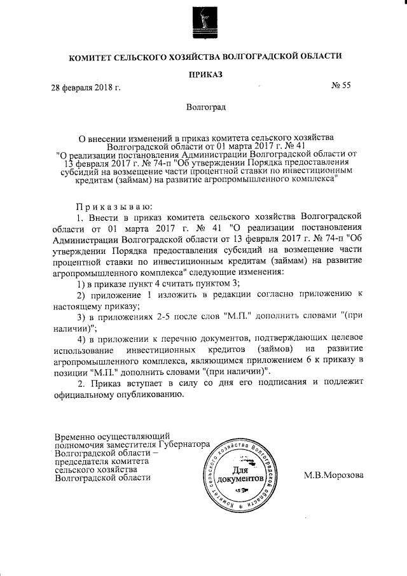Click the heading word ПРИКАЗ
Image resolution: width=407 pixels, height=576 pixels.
pyautogui.click(x=205, y=75)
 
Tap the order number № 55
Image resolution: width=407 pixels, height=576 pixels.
pyautogui.click(x=341, y=87)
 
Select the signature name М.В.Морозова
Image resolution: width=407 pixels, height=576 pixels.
pyautogui.click(x=335, y=474)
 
